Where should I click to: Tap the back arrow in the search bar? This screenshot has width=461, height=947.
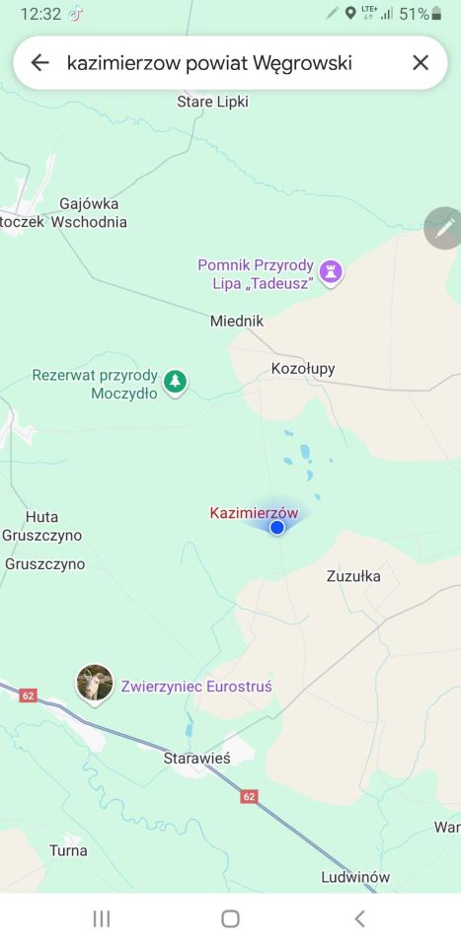tap(39, 63)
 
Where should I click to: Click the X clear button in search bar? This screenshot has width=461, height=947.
tap(421, 63)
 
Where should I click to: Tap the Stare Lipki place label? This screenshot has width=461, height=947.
tap(212, 102)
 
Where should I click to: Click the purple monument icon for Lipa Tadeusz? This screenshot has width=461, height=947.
tap(331, 271)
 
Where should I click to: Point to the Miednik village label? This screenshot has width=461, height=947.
tap(237, 321)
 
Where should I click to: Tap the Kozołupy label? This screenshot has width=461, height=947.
tap(303, 369)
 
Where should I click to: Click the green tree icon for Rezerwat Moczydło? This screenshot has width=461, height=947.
tap(175, 381)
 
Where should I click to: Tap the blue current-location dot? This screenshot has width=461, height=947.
tap(277, 528)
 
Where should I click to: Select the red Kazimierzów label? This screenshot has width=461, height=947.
tap(254, 513)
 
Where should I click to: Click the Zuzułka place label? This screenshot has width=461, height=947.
tap(353, 576)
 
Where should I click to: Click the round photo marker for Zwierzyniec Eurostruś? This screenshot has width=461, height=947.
tap(94, 683)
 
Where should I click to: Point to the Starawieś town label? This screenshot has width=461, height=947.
tap(196, 758)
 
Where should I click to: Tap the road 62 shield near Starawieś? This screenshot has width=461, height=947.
tap(249, 796)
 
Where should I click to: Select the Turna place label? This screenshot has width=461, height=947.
tap(68, 849)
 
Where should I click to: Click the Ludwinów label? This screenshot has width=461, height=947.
tap(355, 877)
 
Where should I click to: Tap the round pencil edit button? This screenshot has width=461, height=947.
tap(444, 228)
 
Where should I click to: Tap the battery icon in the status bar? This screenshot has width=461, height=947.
tap(436, 14)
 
